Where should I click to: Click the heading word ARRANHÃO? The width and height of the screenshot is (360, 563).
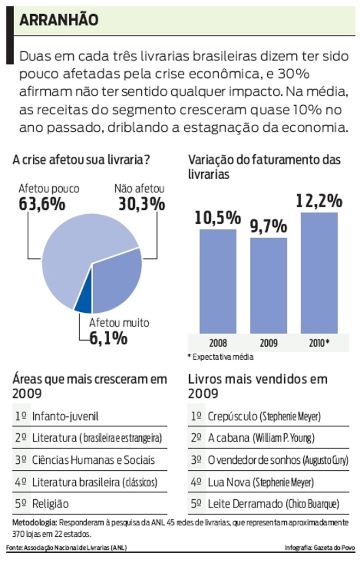[x=59, y=20]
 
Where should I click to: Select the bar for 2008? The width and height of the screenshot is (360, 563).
[x=218, y=281]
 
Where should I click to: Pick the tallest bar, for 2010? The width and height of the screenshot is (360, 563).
[x=319, y=273]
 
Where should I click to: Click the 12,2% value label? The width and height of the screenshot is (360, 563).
[x=319, y=201]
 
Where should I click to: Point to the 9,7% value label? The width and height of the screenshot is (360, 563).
[x=268, y=226]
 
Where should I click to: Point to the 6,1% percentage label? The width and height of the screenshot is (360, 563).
[x=109, y=338]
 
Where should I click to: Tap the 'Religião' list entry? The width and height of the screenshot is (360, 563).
[x=50, y=504]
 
